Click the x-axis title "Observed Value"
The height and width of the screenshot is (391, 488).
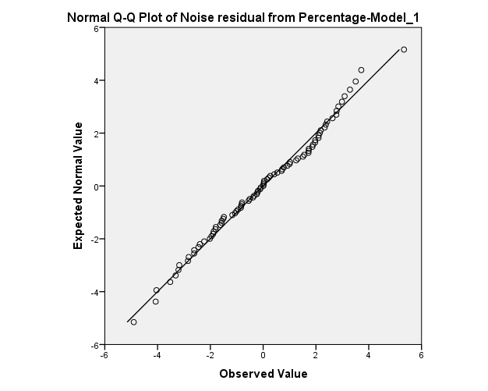[x=263, y=374]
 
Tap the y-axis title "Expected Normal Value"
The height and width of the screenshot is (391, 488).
[x=78, y=187]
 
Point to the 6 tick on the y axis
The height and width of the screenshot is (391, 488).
[x=96, y=28]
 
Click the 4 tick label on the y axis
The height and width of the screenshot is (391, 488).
[x=96, y=80]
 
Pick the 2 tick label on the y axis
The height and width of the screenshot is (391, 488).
[x=96, y=133]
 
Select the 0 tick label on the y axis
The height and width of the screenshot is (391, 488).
[x=96, y=187]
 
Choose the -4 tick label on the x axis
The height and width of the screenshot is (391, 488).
[x=157, y=354]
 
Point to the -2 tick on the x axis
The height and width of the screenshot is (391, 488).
[x=210, y=354]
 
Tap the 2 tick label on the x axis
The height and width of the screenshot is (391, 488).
[x=316, y=354]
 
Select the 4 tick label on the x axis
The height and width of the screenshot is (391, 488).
[x=369, y=354]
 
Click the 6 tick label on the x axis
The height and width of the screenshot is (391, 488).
[x=422, y=354]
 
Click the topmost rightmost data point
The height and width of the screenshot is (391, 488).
[x=404, y=50]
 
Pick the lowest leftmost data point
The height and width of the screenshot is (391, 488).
[x=133, y=322]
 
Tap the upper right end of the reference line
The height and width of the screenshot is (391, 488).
[x=400, y=49]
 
